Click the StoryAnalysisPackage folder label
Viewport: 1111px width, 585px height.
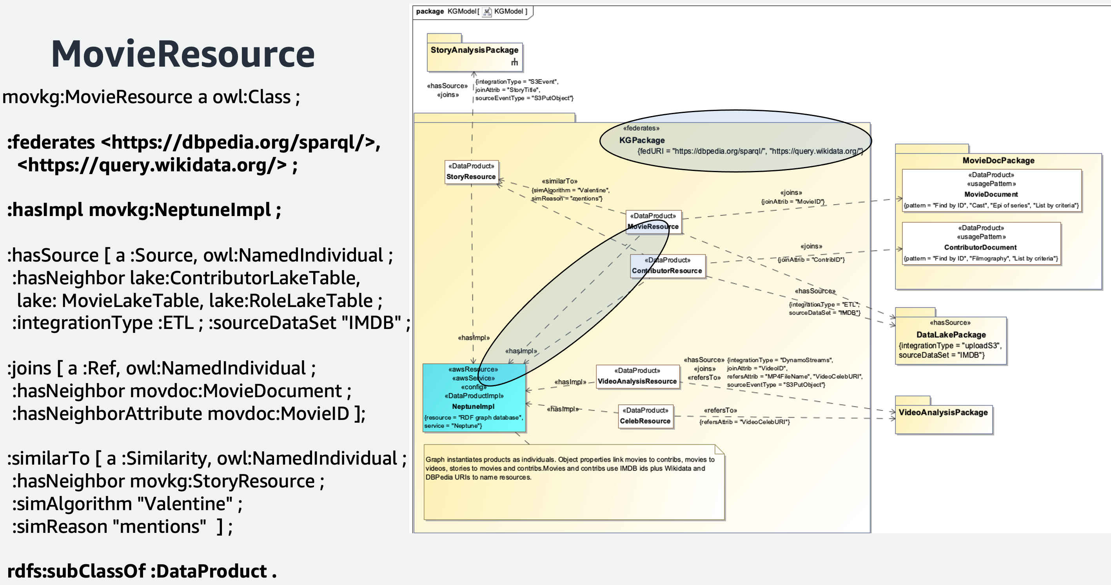(x=474, y=50)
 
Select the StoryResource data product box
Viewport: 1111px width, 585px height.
(x=471, y=172)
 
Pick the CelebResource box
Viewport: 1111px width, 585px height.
(x=645, y=416)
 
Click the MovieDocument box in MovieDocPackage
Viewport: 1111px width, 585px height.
(x=991, y=190)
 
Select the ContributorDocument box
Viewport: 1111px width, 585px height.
(x=980, y=243)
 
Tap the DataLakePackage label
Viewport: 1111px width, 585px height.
(x=951, y=335)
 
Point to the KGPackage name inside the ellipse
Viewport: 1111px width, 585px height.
(x=642, y=140)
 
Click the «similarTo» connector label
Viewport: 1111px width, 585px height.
(x=559, y=181)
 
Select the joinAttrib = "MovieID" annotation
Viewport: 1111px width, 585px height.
(x=793, y=202)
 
